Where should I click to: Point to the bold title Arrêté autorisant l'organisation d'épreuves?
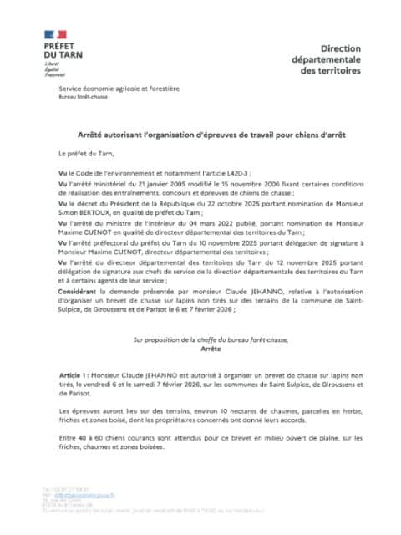200,135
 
